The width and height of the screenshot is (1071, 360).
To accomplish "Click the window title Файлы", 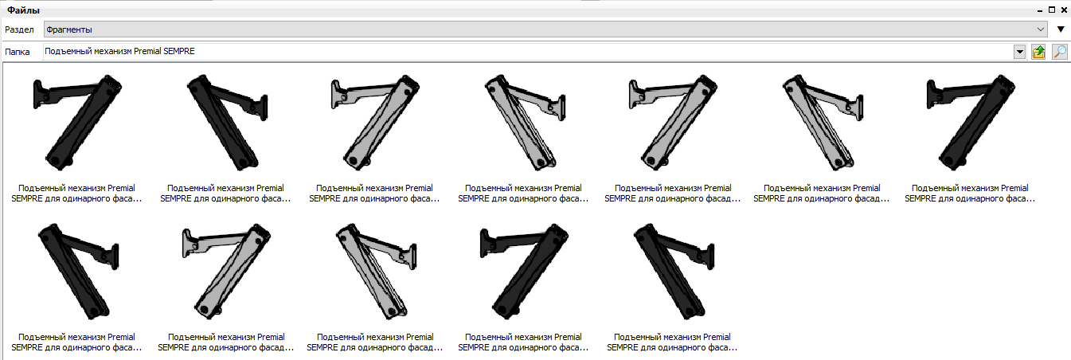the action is tap(23, 10).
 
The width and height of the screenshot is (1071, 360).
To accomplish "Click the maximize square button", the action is tap(1051, 10).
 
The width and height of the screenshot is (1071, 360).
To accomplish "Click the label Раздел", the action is tap(19, 29).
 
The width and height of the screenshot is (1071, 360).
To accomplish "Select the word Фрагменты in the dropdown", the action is tap(68, 29).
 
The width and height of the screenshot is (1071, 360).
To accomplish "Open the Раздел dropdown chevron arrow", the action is tap(1041, 29).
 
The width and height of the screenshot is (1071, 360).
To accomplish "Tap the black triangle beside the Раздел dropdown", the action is tap(1061, 29).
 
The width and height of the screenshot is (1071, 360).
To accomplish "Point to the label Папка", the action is tap(18, 52).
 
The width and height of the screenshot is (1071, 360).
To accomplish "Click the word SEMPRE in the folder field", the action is tap(179, 51).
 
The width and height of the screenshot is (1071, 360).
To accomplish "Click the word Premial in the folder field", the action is tap(147, 51).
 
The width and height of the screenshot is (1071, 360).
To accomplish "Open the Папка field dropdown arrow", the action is tap(1020, 52).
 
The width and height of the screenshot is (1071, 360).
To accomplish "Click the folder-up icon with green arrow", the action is tap(1038, 52).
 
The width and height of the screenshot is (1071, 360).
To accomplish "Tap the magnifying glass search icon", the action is tap(1060, 52).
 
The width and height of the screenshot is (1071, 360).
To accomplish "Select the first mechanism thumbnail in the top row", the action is tap(76, 123).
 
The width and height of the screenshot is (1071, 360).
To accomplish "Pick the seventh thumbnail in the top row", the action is tap(970, 123).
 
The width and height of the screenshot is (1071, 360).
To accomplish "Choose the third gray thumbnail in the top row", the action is tap(672, 123).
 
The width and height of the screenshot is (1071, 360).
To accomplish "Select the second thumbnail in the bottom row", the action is tap(225, 271).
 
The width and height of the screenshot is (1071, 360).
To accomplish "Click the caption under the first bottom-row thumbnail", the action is tap(76, 342).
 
